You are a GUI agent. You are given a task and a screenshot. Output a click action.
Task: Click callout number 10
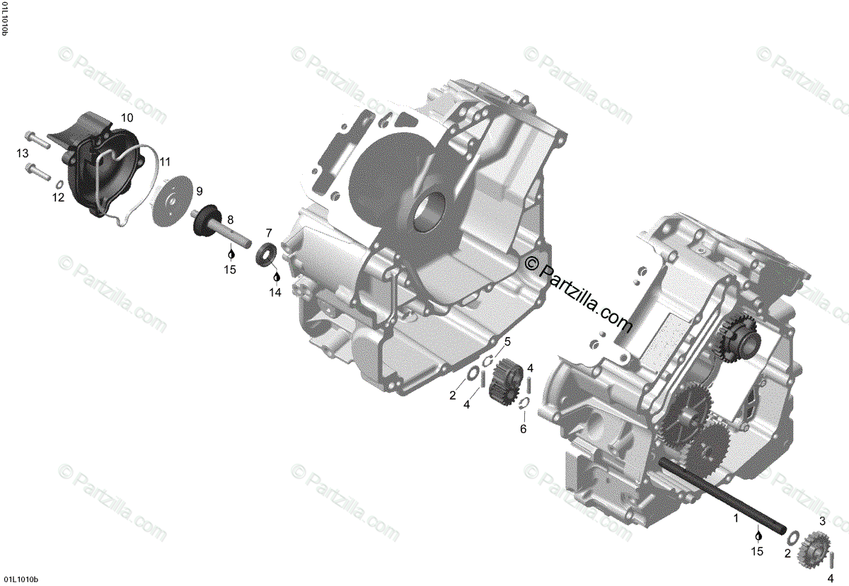[127, 117]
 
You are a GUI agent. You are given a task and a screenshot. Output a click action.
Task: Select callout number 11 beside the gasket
[165, 161]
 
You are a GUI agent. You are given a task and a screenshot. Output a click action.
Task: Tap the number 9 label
[200, 191]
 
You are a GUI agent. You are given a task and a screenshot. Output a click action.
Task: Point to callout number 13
[23, 154]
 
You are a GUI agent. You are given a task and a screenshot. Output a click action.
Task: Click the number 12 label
[58, 198]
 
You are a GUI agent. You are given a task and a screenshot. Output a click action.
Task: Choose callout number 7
[269, 232]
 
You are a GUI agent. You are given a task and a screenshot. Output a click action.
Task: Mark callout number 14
[276, 292]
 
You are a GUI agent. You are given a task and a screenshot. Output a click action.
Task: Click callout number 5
[507, 343]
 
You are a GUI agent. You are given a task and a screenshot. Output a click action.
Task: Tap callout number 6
[524, 429]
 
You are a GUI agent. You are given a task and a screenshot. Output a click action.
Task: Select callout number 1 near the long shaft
[735, 518]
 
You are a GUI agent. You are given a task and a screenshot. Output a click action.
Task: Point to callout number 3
[822, 522]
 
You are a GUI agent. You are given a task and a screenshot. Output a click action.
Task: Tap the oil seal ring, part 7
[267, 255]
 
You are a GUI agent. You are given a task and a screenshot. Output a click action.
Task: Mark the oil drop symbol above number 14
[276, 277]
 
